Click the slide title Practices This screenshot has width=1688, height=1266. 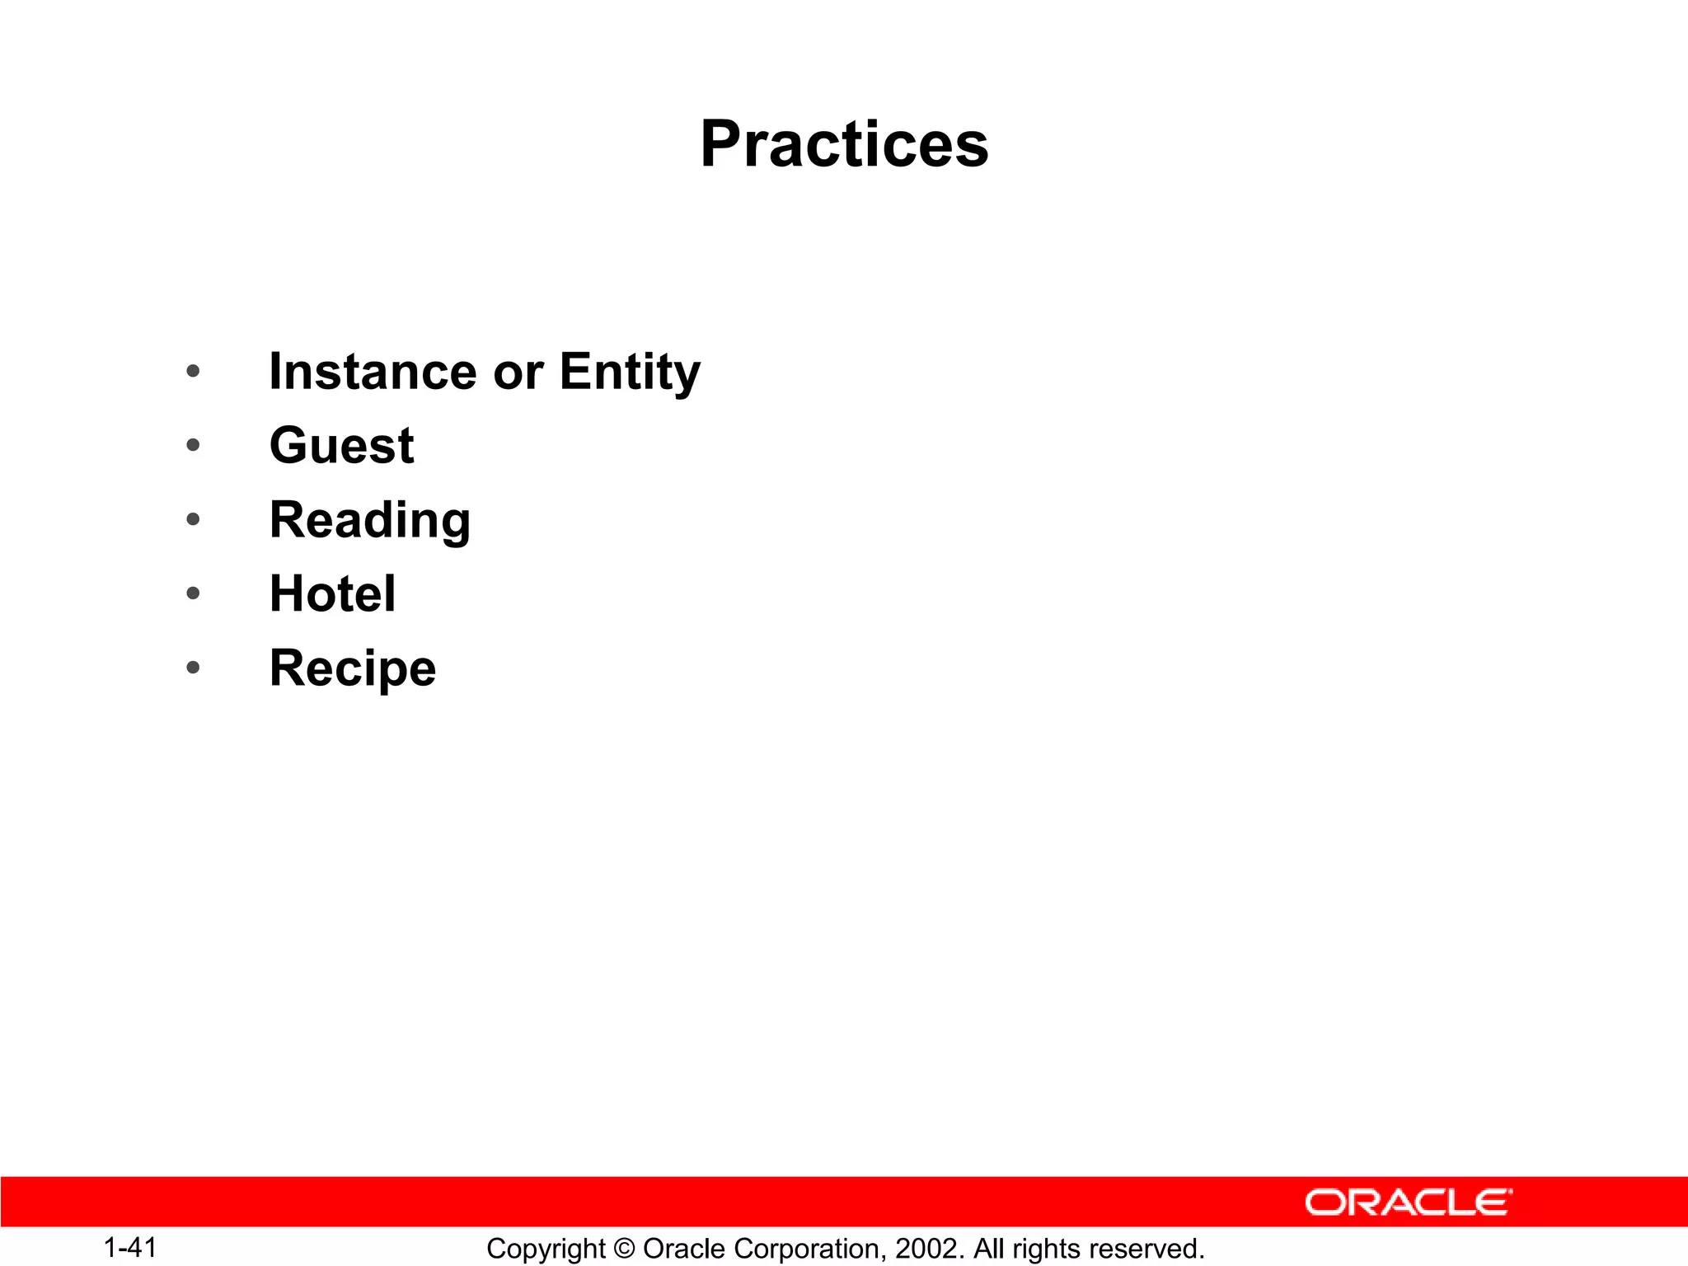[844, 144]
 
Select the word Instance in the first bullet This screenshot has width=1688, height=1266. [373, 372]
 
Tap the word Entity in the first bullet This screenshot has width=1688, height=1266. [630, 372]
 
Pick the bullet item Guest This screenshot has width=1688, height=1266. [341, 446]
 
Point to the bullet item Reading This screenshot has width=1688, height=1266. [370, 521]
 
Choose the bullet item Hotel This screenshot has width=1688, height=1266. [332, 593]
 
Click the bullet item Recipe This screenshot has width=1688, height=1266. [353, 668]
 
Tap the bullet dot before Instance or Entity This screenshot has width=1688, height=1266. [193, 372]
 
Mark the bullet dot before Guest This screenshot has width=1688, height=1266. [193, 446]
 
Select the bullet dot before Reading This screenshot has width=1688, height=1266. [193, 519]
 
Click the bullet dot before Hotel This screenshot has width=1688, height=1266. [193, 593]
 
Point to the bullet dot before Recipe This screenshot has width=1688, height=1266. [193, 667]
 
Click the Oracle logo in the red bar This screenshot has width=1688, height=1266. [1408, 1203]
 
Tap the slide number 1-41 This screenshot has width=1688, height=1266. [130, 1247]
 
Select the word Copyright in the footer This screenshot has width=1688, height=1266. [546, 1249]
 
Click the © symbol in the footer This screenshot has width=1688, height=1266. [624, 1249]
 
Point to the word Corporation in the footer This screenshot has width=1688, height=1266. [807, 1249]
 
